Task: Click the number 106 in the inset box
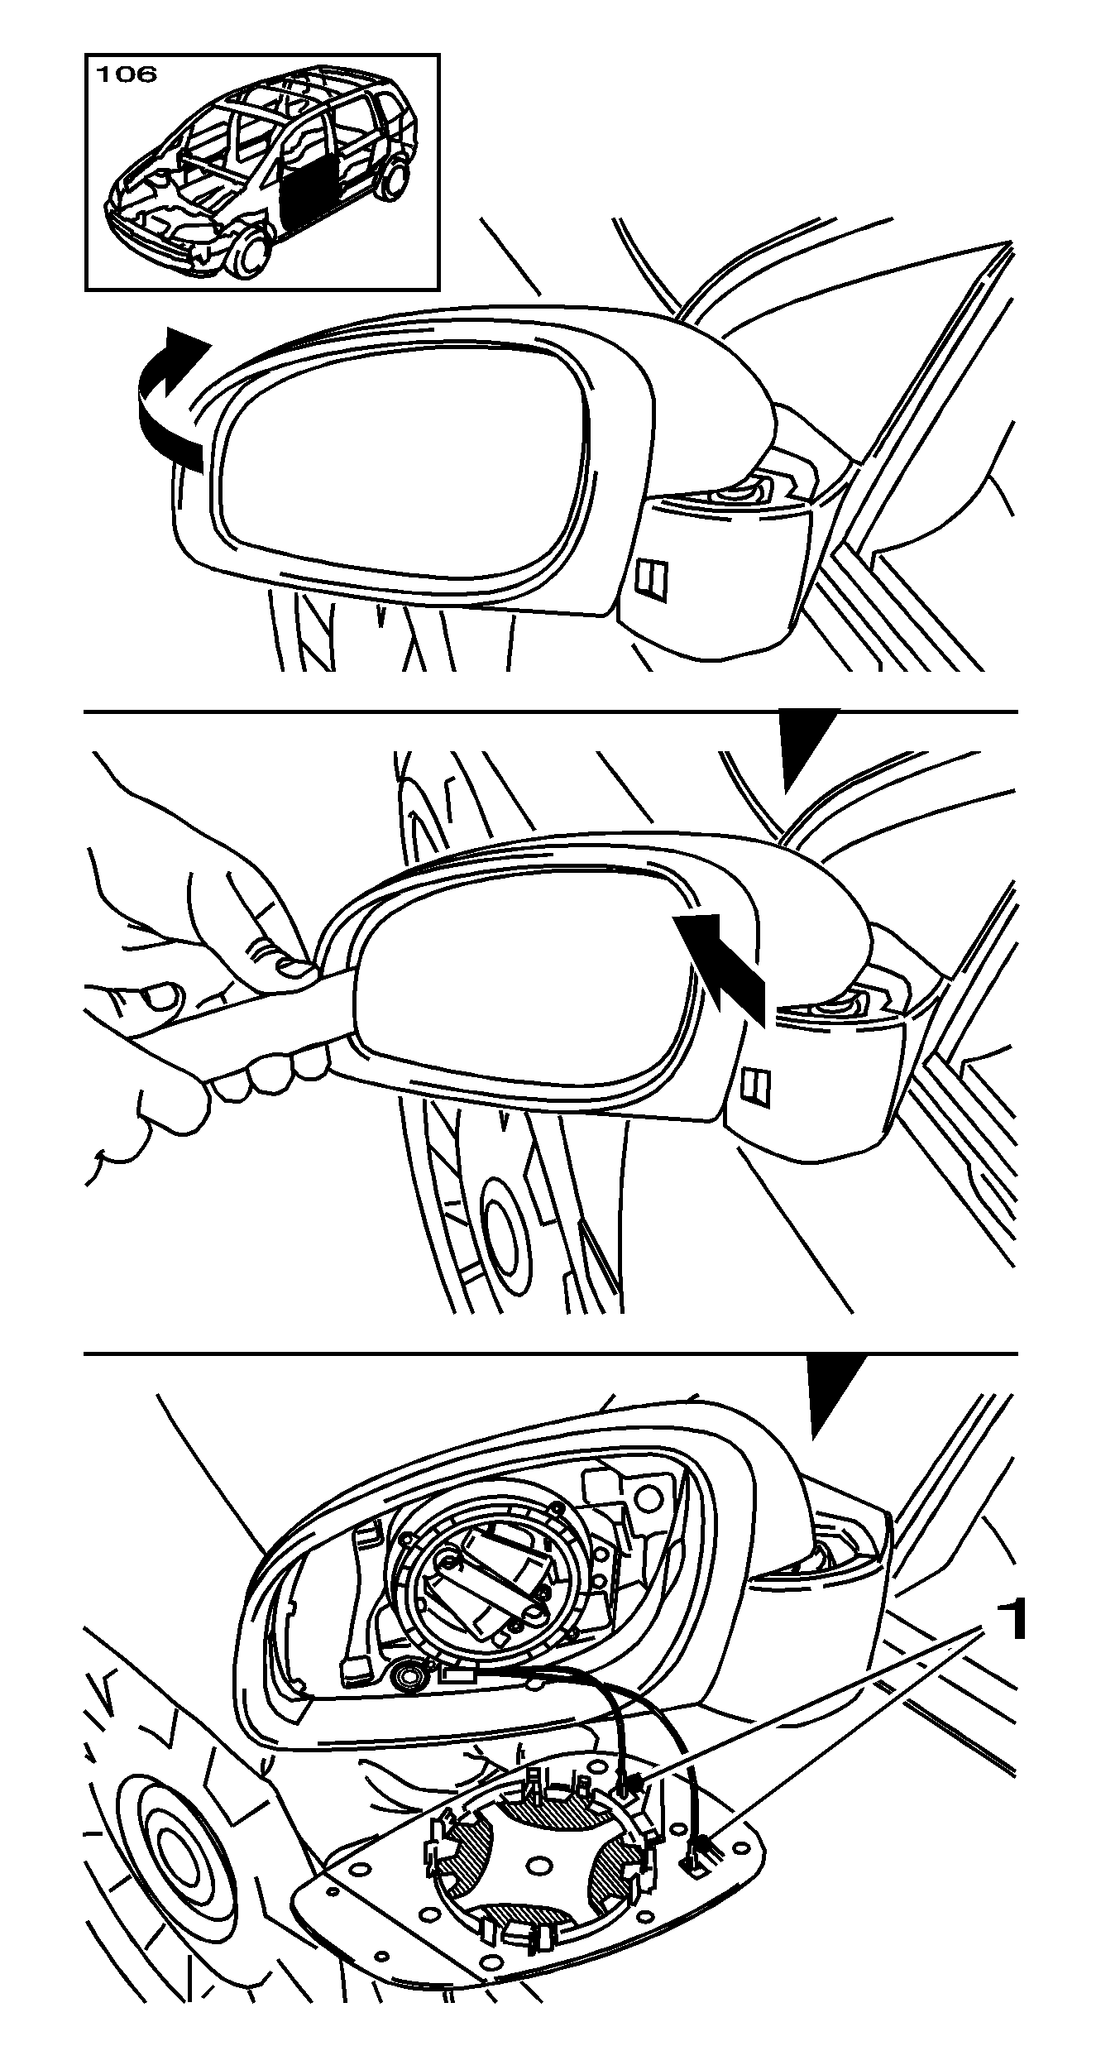[x=127, y=74]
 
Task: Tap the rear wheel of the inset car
[x=395, y=180]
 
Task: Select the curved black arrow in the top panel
[x=169, y=401]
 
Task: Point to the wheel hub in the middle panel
[x=501, y=1239]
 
